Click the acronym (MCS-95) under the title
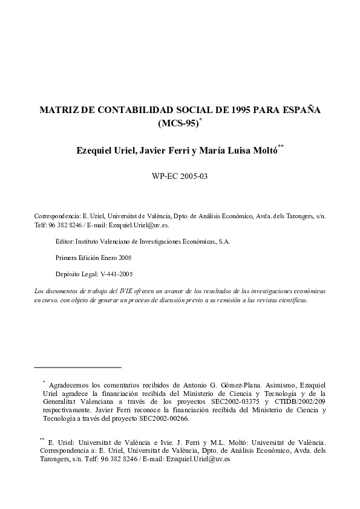click(x=177, y=125)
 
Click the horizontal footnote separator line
click(x=78, y=367)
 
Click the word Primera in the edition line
click(x=67, y=258)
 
